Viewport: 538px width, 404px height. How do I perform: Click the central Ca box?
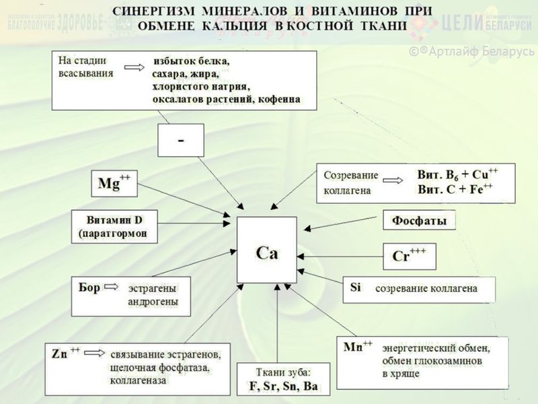(266, 250)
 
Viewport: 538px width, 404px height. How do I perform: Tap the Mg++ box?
(114, 183)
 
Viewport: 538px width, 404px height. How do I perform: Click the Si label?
(356, 287)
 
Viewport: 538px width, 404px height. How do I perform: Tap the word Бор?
(89, 288)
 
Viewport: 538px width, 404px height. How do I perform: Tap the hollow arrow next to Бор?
(112, 288)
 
